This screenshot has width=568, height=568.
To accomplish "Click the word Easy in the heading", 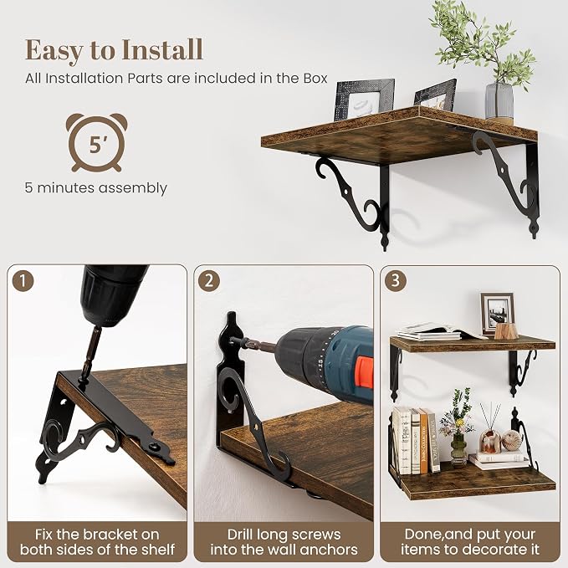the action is (54, 51).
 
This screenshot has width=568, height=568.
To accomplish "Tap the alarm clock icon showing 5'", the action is (96, 142).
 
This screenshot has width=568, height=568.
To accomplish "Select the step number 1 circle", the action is (23, 281).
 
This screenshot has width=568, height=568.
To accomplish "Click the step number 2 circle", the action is (209, 281).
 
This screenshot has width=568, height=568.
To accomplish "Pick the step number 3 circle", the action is (395, 280).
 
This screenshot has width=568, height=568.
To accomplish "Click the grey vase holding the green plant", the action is (499, 100).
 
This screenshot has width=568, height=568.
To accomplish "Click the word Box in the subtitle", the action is (315, 79).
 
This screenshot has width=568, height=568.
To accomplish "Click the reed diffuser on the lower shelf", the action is (489, 429).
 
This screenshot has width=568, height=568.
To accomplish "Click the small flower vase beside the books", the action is (458, 447).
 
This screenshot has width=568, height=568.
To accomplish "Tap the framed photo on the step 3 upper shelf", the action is (498, 314).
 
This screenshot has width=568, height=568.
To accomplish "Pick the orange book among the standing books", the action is (423, 441).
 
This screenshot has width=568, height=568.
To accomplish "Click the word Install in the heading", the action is (162, 49).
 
